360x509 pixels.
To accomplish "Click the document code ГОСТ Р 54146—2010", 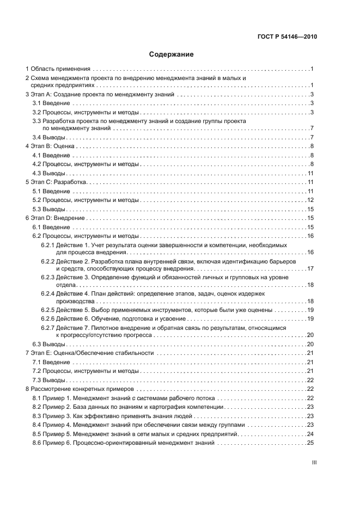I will pos(286,37).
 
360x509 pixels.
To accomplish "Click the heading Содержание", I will pos(172,54).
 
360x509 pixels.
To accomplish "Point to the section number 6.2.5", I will pos(47,309).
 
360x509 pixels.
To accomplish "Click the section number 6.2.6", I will pos(47,318).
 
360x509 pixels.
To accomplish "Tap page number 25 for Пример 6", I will pos(310,443).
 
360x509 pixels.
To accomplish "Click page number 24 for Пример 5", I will pos(310,434).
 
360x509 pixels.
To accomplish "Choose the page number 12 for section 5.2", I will pos(310,200).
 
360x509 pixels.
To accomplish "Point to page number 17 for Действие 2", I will pos(310,268).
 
